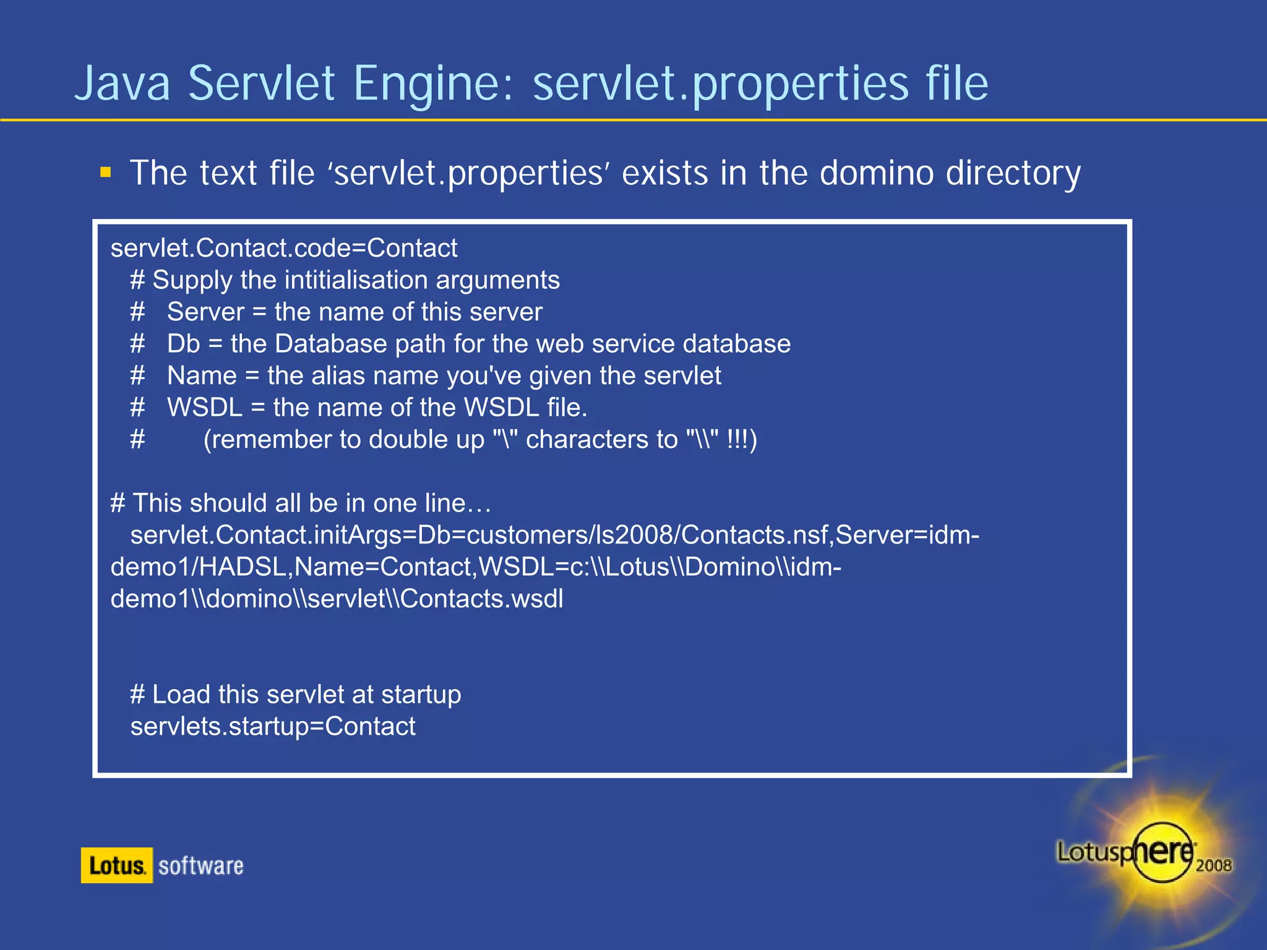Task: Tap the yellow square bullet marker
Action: (x=106, y=172)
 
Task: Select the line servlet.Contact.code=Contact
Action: (x=283, y=248)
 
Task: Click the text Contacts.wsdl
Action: (x=482, y=599)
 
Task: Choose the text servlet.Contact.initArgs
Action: (x=265, y=535)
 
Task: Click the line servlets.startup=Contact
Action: (x=272, y=727)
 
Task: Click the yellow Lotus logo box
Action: (x=116, y=865)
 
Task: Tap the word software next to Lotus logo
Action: (x=200, y=866)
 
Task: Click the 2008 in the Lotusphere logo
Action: (x=1213, y=865)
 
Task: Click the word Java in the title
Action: (x=122, y=83)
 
